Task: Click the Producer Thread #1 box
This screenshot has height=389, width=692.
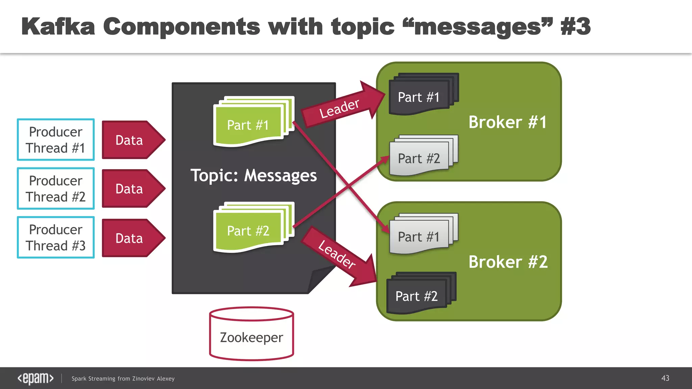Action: tap(56, 139)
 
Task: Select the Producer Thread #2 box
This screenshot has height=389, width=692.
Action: tap(56, 188)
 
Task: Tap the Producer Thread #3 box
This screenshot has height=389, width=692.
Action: tap(56, 237)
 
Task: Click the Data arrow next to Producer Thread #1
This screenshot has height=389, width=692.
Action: tap(132, 140)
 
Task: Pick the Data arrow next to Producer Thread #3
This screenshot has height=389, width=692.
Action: tap(132, 238)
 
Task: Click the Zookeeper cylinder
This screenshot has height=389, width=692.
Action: tap(251, 334)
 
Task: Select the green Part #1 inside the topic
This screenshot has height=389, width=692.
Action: tap(248, 125)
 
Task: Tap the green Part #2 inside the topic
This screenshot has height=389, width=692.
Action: tap(248, 231)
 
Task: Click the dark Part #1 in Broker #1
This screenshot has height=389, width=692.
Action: tap(419, 97)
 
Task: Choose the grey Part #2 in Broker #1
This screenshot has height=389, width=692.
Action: tap(419, 158)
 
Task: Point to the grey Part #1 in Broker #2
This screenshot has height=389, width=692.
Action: tap(419, 237)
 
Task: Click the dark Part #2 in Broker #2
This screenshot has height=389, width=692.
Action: tap(417, 296)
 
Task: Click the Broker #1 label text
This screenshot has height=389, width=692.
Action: tap(508, 122)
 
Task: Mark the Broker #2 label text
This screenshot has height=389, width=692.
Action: tap(508, 262)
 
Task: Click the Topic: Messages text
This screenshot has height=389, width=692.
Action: tap(253, 176)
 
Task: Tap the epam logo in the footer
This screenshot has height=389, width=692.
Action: tap(35, 378)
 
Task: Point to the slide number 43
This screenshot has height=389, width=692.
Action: tap(665, 378)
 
